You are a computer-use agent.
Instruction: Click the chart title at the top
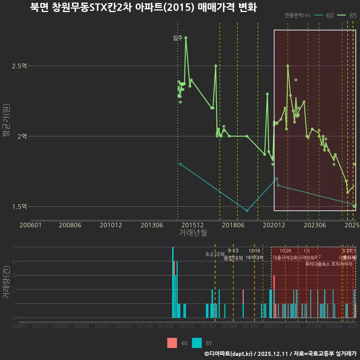(143, 8)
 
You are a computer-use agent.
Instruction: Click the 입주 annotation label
(178, 37)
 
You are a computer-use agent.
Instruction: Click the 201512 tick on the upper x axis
(193, 225)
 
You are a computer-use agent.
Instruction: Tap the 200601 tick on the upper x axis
(30, 225)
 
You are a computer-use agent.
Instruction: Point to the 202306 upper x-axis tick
(314, 225)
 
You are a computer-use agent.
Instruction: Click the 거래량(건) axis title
(6, 282)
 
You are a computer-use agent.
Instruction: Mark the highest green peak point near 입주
(186, 38)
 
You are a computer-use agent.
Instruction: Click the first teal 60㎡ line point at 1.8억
(180, 164)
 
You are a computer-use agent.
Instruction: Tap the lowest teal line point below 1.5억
(247, 211)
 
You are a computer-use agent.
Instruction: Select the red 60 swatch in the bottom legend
(172, 343)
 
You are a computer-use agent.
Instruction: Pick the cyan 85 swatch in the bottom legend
(197, 343)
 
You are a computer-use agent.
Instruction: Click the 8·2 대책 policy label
(215, 254)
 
